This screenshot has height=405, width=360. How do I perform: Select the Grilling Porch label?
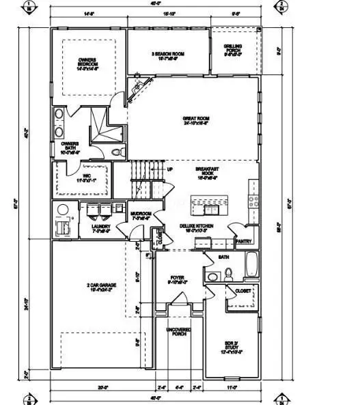point(233,50)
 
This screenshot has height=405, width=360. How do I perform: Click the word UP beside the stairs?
point(169,169)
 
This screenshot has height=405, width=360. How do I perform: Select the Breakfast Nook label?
point(206,172)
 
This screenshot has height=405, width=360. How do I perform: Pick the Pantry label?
point(244,241)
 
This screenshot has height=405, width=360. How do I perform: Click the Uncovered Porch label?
point(179,333)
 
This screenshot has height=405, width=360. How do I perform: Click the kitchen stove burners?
point(253,200)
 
